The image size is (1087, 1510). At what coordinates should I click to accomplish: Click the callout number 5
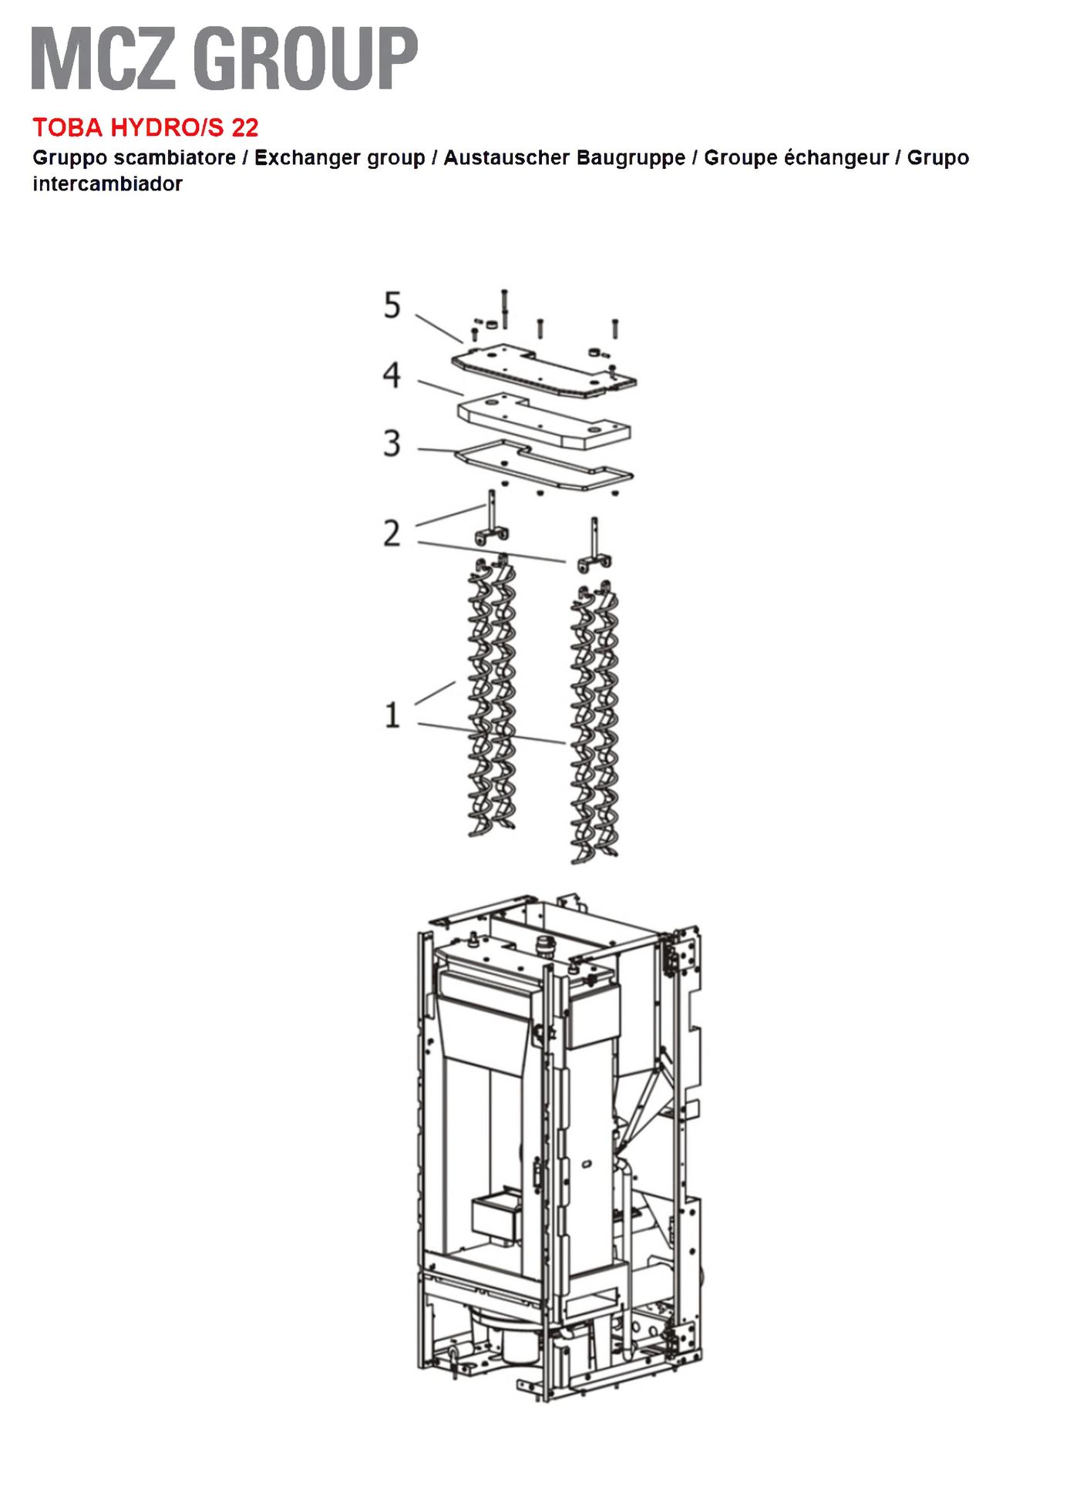click(392, 306)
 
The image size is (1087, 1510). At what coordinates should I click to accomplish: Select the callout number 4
click(392, 375)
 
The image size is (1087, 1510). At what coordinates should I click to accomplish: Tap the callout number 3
click(392, 444)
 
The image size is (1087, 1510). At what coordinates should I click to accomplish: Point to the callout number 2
click(392, 533)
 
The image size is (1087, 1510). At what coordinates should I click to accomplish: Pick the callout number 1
click(392, 715)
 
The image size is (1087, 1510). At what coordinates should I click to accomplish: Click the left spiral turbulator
click(492, 697)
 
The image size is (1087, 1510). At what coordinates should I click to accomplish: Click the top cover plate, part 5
click(543, 370)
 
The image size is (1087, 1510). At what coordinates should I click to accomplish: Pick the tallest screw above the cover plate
click(504, 308)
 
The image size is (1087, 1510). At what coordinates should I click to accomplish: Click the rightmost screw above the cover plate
click(614, 328)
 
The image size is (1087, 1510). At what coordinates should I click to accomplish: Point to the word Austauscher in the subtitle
click(506, 158)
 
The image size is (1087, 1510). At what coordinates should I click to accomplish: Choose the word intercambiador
click(107, 184)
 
